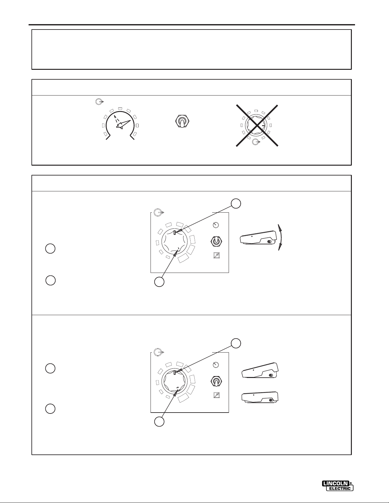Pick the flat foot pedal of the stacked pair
[x=260, y=398]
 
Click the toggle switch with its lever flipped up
[x=216, y=241]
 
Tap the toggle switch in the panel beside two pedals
[x=216, y=381]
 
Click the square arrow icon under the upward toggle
[x=216, y=255]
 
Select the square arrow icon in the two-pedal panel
[x=216, y=395]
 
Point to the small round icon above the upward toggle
[x=216, y=225]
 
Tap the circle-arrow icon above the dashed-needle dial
[x=100, y=101]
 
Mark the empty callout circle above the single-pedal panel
[x=236, y=203]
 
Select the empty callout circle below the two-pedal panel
[x=159, y=421]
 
